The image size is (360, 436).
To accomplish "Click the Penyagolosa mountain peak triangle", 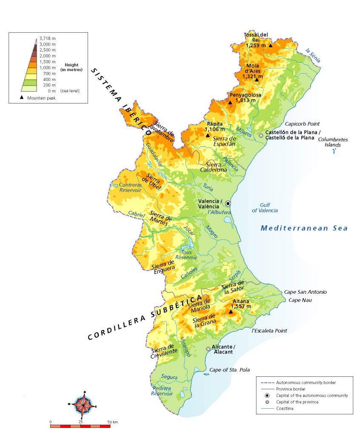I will coord(230,103).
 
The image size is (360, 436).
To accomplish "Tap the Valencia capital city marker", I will coord(228,204).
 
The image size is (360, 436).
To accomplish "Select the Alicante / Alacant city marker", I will coord(208,349).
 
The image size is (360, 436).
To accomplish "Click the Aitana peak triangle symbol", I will coord(231,312).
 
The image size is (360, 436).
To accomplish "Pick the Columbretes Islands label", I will coord(333,142).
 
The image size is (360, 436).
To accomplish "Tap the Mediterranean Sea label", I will coord(304,228).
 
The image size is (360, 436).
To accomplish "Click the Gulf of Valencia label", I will coord(265,207).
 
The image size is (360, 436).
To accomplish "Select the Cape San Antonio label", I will coord(305,292).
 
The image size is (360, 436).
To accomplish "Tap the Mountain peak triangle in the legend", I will coord(22,98).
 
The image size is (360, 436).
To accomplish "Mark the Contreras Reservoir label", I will coord(130,188).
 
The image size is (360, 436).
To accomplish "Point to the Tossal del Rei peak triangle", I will coord(270,45).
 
